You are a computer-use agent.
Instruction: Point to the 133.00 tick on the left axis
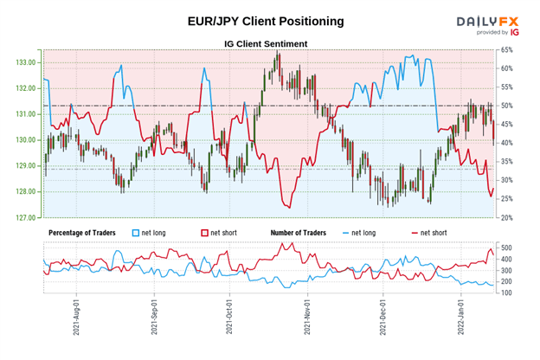click(x=25, y=62)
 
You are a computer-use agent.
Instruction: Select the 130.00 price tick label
click(x=25, y=140)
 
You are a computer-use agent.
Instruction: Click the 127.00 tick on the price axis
click(x=25, y=218)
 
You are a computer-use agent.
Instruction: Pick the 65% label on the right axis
click(x=507, y=51)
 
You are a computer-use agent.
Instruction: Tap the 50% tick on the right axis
click(x=507, y=106)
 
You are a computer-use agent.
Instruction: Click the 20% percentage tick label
click(x=507, y=217)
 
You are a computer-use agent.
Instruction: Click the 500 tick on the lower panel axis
click(x=507, y=247)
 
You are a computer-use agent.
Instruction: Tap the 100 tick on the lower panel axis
click(x=507, y=294)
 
